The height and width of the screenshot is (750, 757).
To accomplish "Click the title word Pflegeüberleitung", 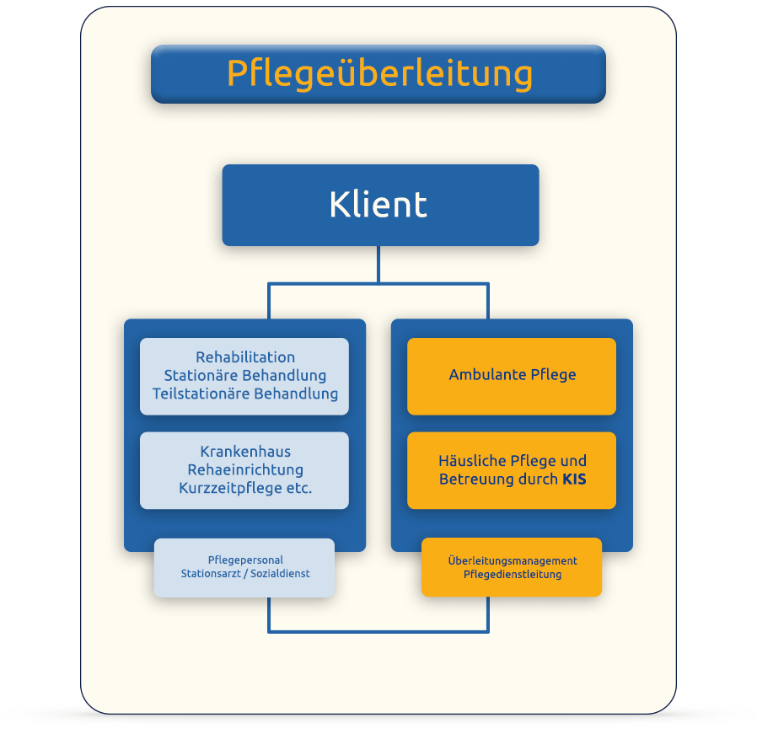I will [x=379, y=73].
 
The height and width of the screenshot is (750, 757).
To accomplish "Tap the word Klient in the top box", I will [x=378, y=205].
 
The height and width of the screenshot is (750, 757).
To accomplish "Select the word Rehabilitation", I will [x=245, y=357].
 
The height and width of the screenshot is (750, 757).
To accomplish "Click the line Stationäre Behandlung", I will [x=245, y=375].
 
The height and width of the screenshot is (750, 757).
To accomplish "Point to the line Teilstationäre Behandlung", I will [x=245, y=394].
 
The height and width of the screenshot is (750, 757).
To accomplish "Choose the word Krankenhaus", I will [x=245, y=452].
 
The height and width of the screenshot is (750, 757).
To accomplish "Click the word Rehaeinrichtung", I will [x=245, y=469].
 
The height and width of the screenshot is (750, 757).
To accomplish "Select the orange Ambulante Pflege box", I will [x=512, y=376].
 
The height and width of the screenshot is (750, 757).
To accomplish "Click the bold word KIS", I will [x=574, y=479].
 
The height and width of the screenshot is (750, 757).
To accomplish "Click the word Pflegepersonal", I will [x=245, y=560].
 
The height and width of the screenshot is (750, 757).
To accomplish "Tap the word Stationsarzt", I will [x=212, y=574].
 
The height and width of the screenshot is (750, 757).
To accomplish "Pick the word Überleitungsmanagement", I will [x=512, y=560].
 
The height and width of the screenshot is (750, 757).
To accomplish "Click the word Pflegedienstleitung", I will [x=512, y=575].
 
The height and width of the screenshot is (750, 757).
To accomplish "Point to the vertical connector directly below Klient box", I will [x=378, y=265].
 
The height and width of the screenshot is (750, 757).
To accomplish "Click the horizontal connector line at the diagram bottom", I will [x=378, y=630].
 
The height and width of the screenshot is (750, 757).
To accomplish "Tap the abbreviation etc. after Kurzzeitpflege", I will [x=300, y=488].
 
